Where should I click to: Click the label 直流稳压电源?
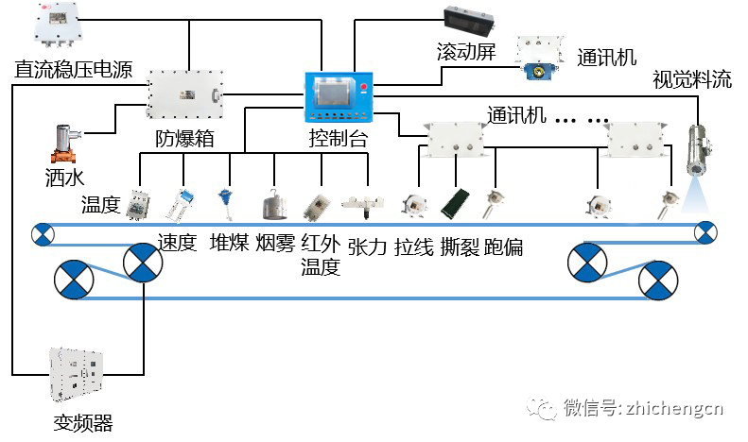[73, 69]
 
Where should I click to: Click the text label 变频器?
[83, 422]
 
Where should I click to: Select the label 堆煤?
[229, 243]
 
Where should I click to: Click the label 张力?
[368, 246]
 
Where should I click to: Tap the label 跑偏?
[503, 246]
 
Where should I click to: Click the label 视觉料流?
[692, 79]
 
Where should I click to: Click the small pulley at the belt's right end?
[705, 231]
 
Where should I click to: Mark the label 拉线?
[414, 246]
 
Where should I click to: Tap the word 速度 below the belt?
[177, 243]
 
